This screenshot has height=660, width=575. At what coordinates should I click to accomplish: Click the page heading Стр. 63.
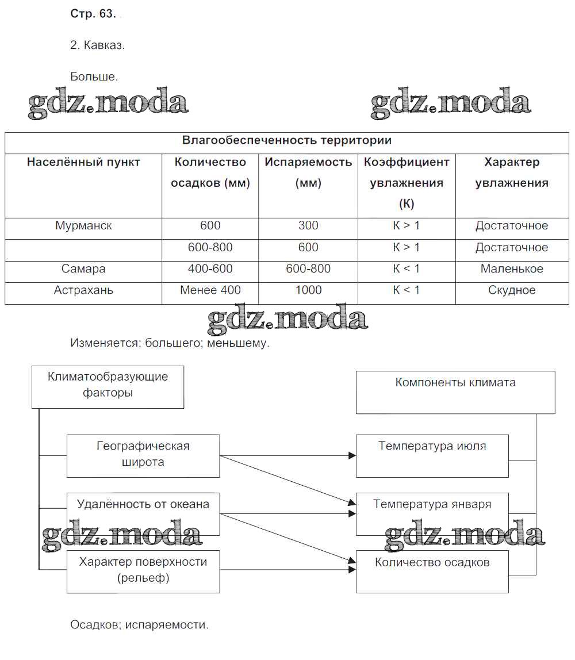point(93,15)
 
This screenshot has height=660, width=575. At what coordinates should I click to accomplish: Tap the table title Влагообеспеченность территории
point(286,140)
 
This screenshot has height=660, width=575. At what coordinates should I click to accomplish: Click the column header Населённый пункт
point(83,162)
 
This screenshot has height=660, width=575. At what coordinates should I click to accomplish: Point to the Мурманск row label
point(83,226)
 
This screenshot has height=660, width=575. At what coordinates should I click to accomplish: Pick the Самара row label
point(83,269)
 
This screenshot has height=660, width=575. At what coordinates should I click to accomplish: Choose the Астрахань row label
point(83,290)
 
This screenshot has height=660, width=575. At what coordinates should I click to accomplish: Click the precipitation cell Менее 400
point(210,290)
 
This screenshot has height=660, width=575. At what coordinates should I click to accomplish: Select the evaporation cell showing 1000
point(308,290)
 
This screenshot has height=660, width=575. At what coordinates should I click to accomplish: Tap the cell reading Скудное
point(512,290)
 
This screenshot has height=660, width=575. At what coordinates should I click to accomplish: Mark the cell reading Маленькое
point(512,269)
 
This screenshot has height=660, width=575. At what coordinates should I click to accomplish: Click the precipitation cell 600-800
point(210,248)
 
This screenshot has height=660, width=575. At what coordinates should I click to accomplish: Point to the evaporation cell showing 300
point(308,226)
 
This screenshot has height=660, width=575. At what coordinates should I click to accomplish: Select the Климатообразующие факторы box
point(108,386)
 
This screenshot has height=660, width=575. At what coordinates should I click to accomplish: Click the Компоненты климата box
point(455,392)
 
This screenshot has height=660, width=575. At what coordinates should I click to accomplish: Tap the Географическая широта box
point(143,455)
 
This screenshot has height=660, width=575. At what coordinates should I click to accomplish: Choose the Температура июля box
point(432,455)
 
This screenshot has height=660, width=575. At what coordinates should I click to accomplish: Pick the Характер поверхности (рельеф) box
point(143,571)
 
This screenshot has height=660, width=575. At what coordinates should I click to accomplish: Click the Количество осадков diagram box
point(432,571)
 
